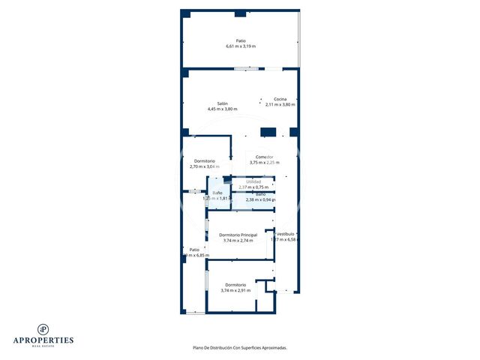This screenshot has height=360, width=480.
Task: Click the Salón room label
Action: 223,103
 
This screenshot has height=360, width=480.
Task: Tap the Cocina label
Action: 280,99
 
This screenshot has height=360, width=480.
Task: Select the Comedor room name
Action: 264,157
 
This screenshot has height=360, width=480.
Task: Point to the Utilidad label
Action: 253,181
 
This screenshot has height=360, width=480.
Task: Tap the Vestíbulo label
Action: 285,234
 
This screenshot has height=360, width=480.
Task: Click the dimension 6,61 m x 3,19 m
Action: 241,46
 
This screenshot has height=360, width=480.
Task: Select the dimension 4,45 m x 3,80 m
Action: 223,109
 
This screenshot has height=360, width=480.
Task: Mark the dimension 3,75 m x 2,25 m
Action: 264,163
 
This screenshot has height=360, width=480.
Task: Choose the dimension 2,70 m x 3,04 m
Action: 205,166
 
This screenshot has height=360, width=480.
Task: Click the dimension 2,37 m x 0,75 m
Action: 253,187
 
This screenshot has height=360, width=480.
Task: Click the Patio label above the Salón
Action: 241,40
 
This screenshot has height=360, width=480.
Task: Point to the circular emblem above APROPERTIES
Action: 44,328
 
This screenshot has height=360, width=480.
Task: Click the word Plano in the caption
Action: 199,347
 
